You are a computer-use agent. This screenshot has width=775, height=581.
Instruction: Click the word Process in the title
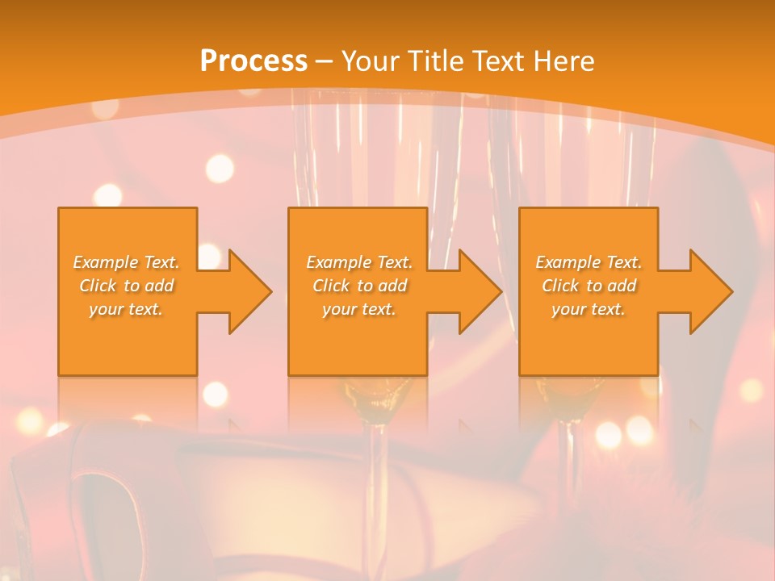pyautogui.click(x=253, y=61)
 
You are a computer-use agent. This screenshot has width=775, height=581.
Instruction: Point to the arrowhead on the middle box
pyautogui.click(x=475, y=291)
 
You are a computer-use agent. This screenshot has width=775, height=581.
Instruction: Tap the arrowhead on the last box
pyautogui.click(x=706, y=291)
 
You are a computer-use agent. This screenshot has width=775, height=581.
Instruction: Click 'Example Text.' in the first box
pyautogui.click(x=126, y=262)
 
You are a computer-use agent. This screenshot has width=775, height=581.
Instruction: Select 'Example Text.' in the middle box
pyautogui.click(x=358, y=262)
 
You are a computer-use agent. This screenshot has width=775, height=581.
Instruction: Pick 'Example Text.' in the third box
pyautogui.click(x=589, y=262)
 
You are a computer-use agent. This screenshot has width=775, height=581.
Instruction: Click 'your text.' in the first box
pyautogui.click(x=126, y=309)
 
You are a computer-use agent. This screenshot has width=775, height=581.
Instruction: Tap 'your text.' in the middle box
pyautogui.click(x=358, y=309)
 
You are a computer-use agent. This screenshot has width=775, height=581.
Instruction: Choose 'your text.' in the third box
pyautogui.click(x=589, y=309)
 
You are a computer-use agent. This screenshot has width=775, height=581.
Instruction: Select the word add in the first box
pyautogui.click(x=160, y=286)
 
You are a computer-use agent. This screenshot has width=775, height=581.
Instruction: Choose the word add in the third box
pyautogui.click(x=622, y=286)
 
